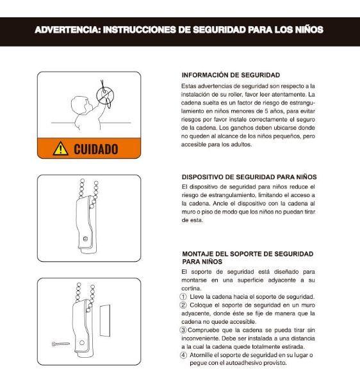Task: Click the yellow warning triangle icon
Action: click(x=60, y=148)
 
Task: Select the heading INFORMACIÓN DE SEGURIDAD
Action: click(x=231, y=75)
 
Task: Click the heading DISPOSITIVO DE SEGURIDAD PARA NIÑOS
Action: click(x=249, y=177)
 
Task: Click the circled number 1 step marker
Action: click(x=184, y=296)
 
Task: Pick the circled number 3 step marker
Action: click(x=184, y=329)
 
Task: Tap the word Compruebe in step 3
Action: click(x=206, y=329)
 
